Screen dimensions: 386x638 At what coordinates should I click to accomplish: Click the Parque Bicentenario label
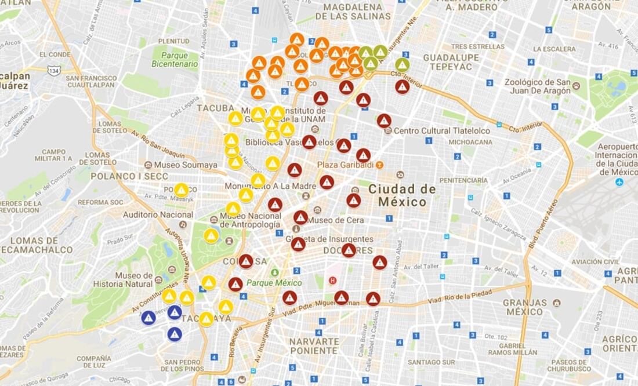175,60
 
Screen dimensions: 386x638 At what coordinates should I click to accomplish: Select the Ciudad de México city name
402,195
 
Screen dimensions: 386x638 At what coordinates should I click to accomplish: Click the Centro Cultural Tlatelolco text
441,130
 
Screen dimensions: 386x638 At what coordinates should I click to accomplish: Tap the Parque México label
274,283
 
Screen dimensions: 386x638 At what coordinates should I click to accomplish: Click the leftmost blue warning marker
148,318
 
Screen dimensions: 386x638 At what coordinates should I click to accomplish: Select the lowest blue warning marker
175,334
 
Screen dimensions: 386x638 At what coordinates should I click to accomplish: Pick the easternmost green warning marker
403,64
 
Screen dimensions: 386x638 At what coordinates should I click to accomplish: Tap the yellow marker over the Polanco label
182,190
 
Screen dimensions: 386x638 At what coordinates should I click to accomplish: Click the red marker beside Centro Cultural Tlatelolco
384,121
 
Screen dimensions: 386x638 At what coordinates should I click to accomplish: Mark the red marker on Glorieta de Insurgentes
298,244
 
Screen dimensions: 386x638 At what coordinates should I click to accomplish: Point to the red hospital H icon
332,281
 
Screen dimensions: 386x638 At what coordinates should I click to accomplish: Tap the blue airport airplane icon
619,182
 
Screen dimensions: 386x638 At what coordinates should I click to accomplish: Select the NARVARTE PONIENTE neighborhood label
314,346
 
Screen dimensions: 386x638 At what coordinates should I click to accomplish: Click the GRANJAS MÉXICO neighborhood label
524,307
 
